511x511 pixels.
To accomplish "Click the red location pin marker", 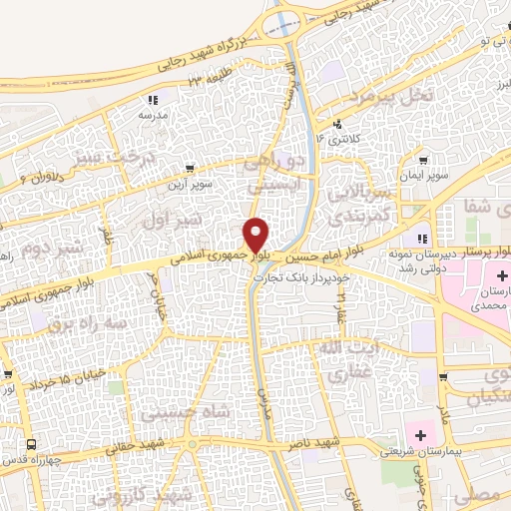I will click(x=256, y=236).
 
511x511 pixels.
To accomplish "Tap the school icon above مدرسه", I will click(x=153, y=100).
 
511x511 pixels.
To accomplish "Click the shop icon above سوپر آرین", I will click(x=190, y=170).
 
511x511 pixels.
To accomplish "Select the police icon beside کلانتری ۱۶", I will click(x=338, y=125).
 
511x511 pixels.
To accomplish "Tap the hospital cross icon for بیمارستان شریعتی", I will click(x=420, y=436).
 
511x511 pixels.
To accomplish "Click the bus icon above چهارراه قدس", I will click(x=31, y=443).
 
